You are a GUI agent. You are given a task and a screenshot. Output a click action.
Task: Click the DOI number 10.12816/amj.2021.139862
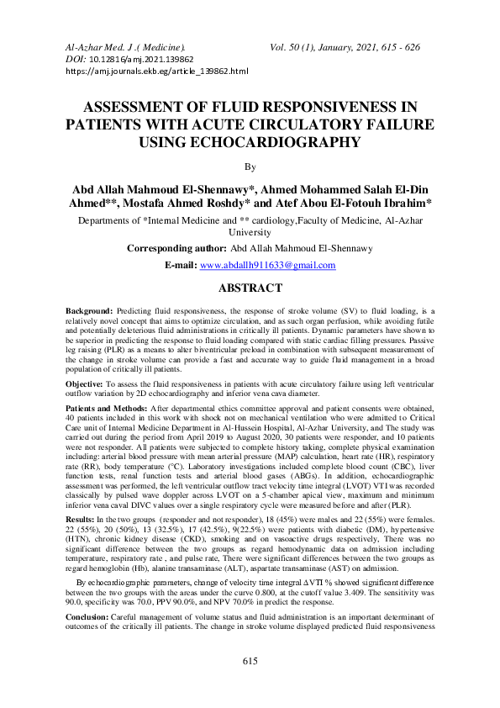click(x=140, y=60)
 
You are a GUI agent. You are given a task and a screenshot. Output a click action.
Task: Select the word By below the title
click(x=250, y=166)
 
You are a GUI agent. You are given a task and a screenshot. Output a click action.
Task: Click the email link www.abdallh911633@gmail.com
click(x=266, y=265)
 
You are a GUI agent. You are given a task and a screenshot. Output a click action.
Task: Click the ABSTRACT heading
click(x=250, y=288)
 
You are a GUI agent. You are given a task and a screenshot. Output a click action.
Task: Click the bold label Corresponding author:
click(x=176, y=249)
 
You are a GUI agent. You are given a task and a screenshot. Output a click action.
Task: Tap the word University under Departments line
click(x=250, y=233)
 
